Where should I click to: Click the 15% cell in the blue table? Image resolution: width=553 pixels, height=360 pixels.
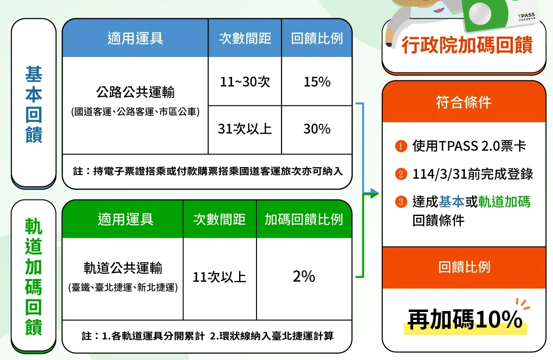click(317, 81)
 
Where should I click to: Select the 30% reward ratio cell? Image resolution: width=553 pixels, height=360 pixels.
click(317, 129)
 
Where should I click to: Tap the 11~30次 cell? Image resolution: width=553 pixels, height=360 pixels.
click(245, 81)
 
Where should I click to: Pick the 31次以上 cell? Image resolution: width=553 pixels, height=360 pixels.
click(245, 129)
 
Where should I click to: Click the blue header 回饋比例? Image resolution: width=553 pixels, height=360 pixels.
click(317, 38)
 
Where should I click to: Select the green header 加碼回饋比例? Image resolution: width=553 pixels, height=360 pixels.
click(304, 219)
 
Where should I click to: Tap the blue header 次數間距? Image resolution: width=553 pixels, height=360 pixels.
click(245, 38)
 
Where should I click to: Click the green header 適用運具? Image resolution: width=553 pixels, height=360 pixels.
click(126, 219)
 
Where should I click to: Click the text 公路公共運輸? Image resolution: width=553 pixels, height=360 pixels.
click(136, 92)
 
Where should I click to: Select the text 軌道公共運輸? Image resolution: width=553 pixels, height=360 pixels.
click(123, 268)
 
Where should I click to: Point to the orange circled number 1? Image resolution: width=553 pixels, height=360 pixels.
click(401, 145)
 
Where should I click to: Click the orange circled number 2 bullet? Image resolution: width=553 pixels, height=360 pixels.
click(401, 174)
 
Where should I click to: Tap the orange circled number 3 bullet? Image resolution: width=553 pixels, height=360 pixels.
click(401, 202)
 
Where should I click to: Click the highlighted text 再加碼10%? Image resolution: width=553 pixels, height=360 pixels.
click(465, 320)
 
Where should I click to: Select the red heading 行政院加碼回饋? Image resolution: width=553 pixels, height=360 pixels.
click(467, 45)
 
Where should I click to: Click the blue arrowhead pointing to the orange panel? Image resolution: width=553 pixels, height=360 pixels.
click(375, 193)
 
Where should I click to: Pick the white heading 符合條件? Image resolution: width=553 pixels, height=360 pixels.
click(464, 102)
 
